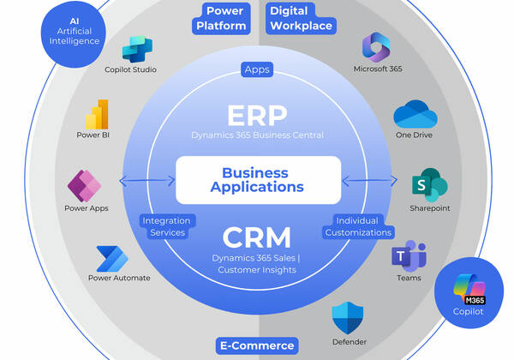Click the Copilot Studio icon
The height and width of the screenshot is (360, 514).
[x=137, y=49]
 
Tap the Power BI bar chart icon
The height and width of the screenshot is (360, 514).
[x=97, y=114]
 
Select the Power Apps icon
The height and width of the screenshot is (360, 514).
[x=84, y=185]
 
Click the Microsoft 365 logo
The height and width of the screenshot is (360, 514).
[x=377, y=47]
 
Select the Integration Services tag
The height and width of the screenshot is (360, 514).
[x=166, y=226]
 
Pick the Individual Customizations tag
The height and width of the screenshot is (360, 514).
[x=357, y=226]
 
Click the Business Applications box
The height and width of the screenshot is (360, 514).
[x=258, y=179]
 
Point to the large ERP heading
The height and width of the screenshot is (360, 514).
[x=258, y=116]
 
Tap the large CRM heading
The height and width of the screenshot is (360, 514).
[x=258, y=236]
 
